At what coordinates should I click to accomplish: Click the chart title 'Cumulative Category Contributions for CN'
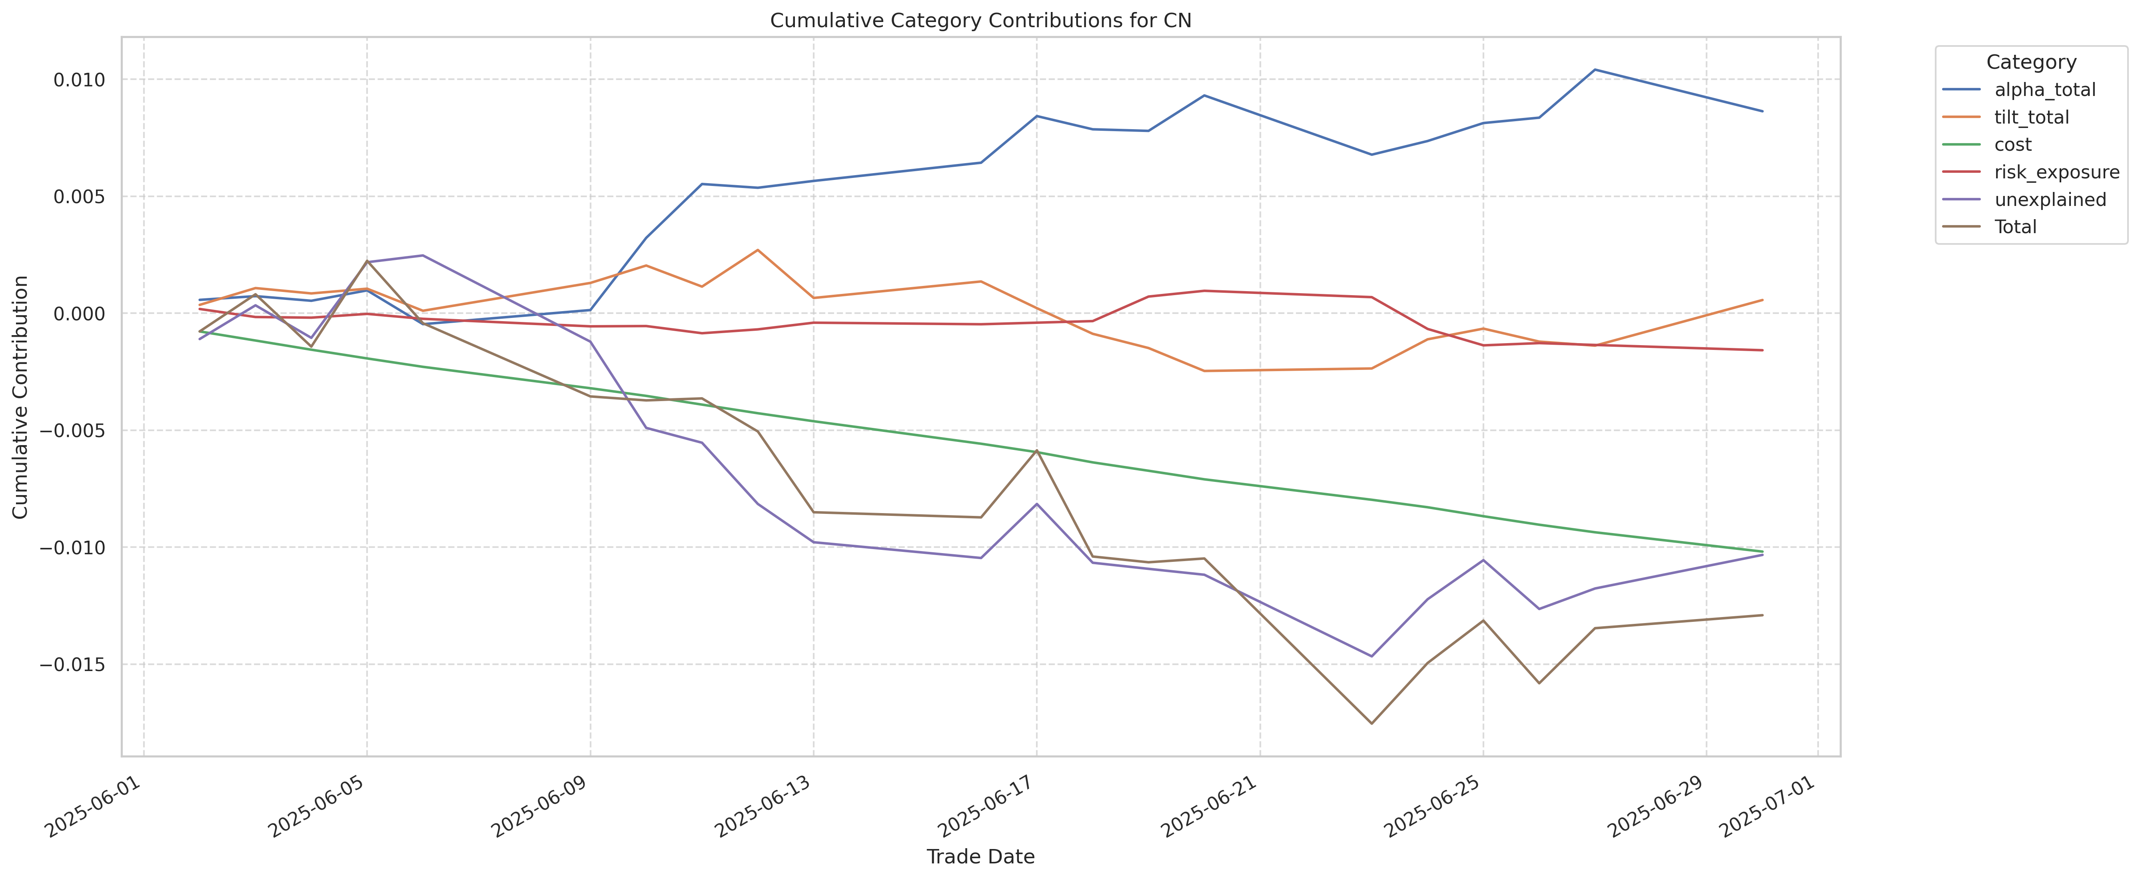point(980,21)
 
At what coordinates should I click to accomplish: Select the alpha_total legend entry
point(2044,90)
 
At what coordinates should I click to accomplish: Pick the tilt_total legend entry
point(2031,117)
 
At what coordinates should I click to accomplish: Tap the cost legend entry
point(2013,144)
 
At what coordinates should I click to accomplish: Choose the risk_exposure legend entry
point(2056,172)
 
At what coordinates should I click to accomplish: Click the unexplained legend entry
point(2050,200)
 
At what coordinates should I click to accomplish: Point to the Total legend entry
point(2015,227)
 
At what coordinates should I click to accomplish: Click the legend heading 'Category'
point(2030,62)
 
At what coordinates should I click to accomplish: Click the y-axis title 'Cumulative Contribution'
point(21,397)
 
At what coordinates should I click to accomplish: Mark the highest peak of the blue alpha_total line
point(1594,70)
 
